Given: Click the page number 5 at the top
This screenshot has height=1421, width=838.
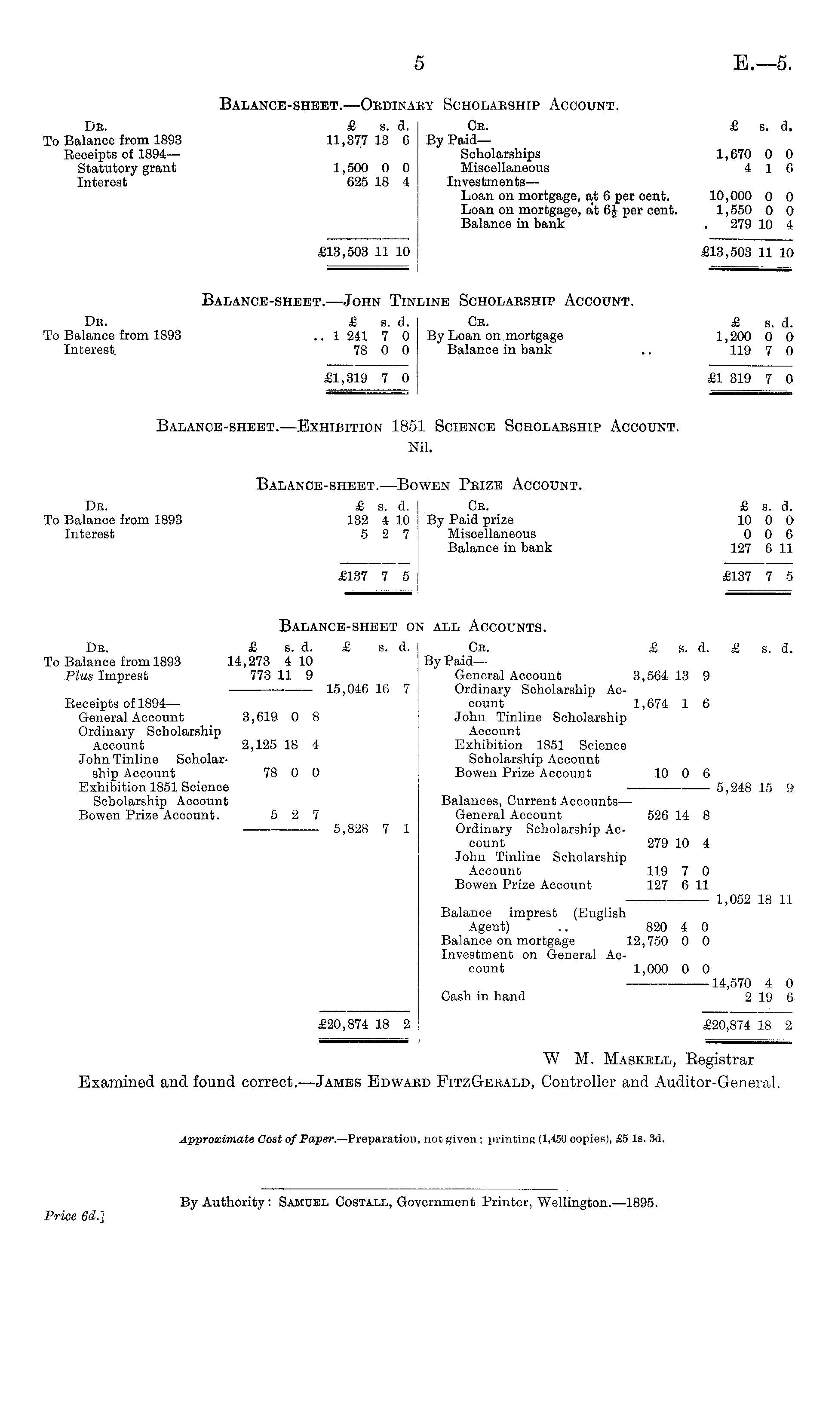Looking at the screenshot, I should click(x=418, y=63).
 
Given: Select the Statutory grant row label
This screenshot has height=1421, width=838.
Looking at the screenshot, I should click(x=126, y=168).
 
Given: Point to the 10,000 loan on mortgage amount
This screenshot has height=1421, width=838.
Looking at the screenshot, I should click(x=730, y=196).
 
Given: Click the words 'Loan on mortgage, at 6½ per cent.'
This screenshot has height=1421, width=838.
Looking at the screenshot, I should click(x=569, y=210).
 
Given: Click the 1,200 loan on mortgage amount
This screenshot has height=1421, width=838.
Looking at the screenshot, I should click(x=733, y=337).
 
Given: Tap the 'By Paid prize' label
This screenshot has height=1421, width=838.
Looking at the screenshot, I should click(x=470, y=520).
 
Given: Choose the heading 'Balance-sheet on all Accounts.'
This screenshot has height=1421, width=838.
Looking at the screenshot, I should click(x=413, y=626).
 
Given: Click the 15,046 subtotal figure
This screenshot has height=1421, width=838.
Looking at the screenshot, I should click(x=347, y=689).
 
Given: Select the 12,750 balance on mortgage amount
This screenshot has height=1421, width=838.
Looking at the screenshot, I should click(x=647, y=941).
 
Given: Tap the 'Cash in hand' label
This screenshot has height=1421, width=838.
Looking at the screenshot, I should click(x=483, y=996).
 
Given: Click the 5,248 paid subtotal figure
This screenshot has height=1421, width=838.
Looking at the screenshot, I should click(x=734, y=787).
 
